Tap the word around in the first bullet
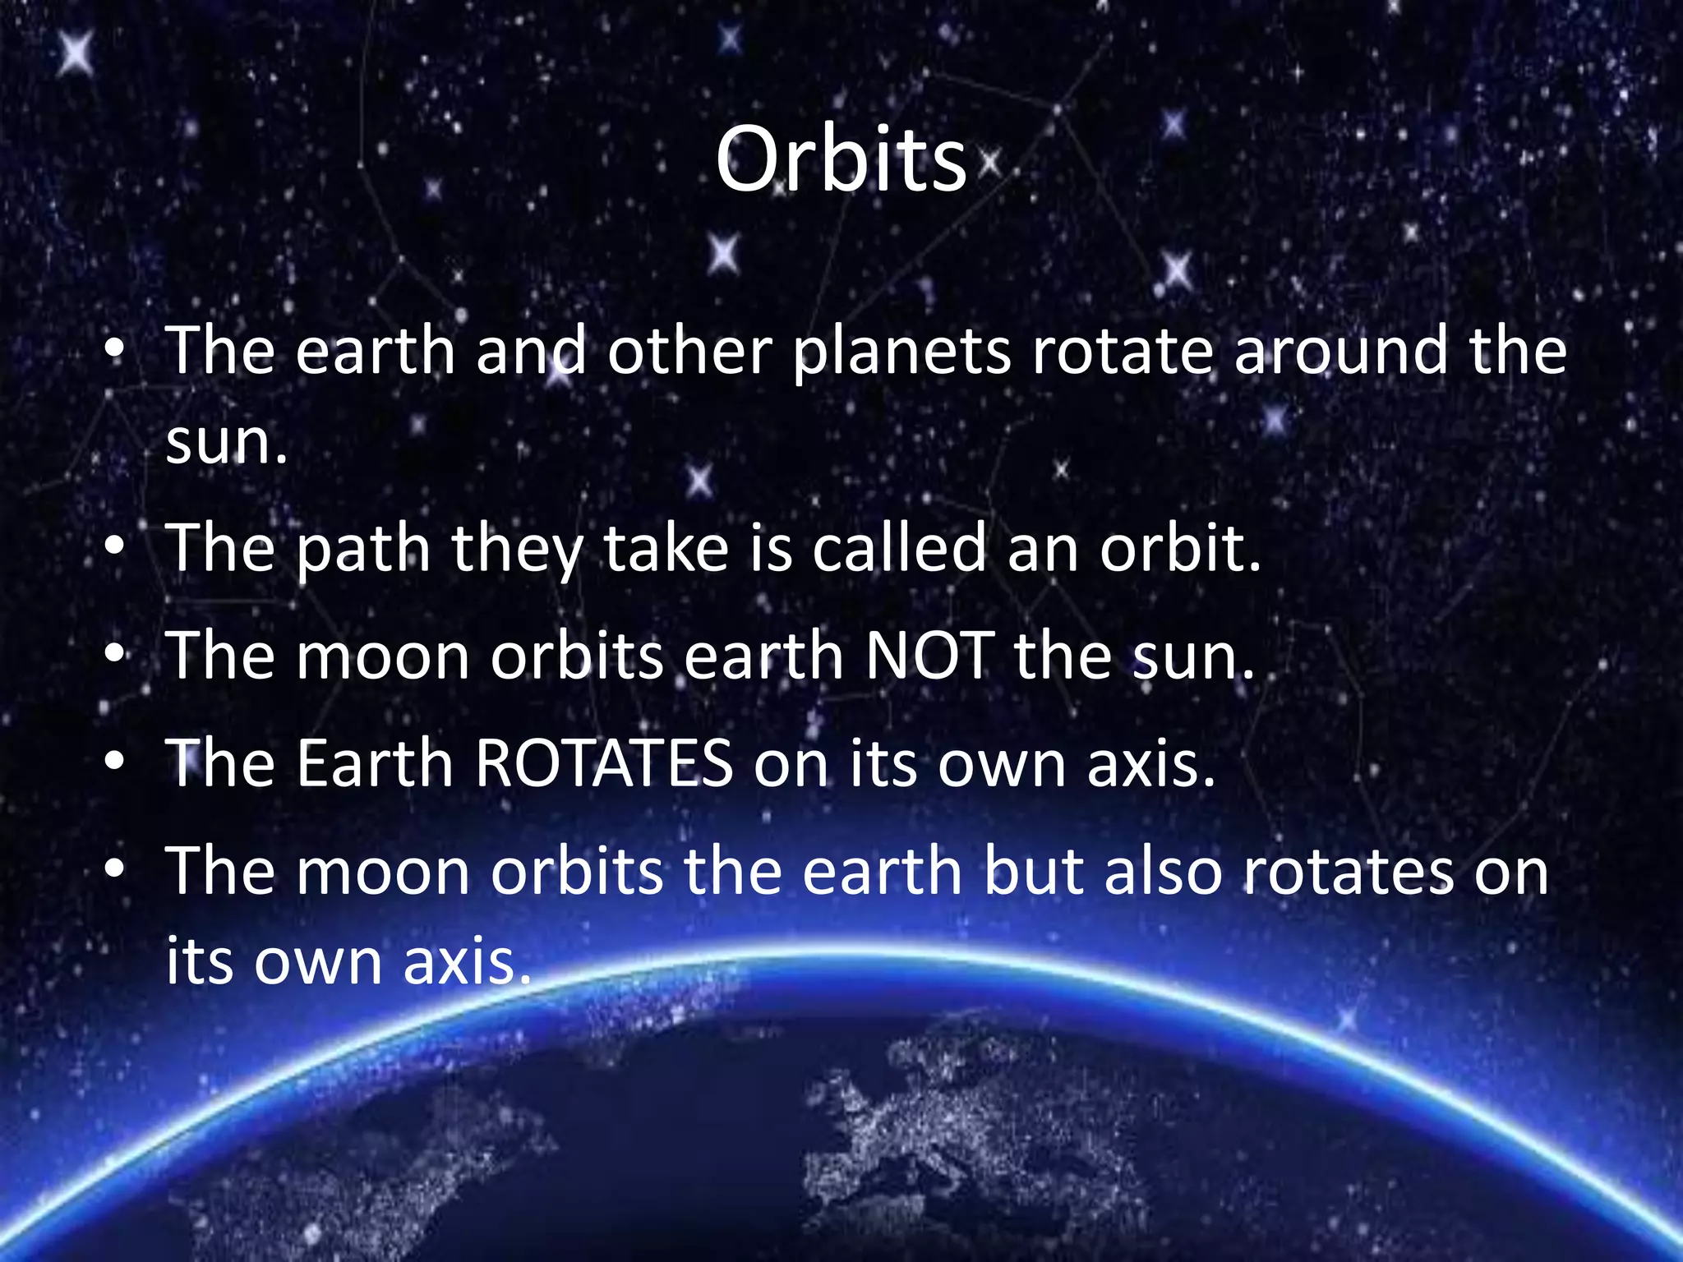1341,352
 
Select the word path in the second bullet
363,550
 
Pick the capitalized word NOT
930,656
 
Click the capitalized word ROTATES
604,763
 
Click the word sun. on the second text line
226,444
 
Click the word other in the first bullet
689,352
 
